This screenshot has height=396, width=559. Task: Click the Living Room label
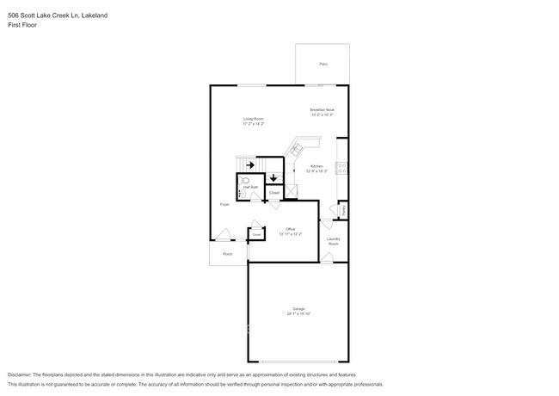tap(252, 118)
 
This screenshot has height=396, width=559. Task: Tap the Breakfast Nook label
tap(322, 110)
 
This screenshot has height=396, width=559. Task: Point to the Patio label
tap(323, 65)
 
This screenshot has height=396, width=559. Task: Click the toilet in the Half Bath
tap(243, 183)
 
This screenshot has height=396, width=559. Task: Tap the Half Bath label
tap(252, 186)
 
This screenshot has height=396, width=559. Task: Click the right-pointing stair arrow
tap(249, 164)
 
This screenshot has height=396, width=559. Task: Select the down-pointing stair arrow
tap(273, 178)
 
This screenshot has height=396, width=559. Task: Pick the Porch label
tap(228, 254)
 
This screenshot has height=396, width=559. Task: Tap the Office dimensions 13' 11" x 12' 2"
tap(290, 233)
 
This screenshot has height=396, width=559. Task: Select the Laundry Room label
tap(334, 241)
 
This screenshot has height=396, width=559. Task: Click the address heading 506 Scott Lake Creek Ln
tap(43, 15)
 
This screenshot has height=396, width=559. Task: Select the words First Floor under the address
tap(21, 25)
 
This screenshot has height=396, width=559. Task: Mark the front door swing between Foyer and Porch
tap(223, 234)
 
